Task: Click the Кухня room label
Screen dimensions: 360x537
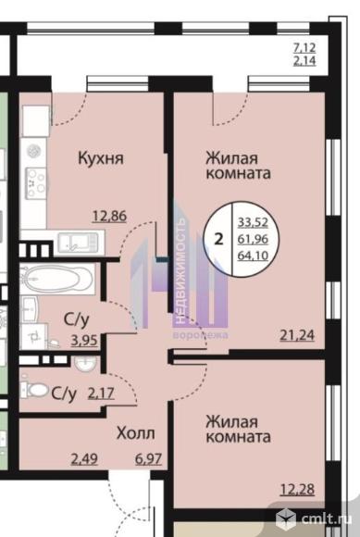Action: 101,159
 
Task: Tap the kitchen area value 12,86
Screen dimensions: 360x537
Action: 110,217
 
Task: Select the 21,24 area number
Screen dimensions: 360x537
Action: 297,335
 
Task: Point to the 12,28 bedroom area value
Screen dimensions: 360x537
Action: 297,489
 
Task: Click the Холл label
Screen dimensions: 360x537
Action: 135,433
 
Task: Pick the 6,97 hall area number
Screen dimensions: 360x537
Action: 148,459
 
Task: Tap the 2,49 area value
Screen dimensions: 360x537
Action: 84,459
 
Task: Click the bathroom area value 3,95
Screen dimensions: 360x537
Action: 84,341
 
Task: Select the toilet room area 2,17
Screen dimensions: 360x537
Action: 101,393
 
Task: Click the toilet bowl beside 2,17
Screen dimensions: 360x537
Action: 36,390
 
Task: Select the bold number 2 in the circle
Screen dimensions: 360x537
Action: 218,238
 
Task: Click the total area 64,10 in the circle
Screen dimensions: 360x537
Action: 253,256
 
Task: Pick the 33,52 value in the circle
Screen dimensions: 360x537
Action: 253,222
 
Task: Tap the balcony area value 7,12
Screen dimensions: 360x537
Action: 304,47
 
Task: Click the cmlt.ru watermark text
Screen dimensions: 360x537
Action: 326,518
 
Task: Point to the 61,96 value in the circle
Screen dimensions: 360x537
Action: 253,239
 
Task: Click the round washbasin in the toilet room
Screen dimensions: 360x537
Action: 85,364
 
